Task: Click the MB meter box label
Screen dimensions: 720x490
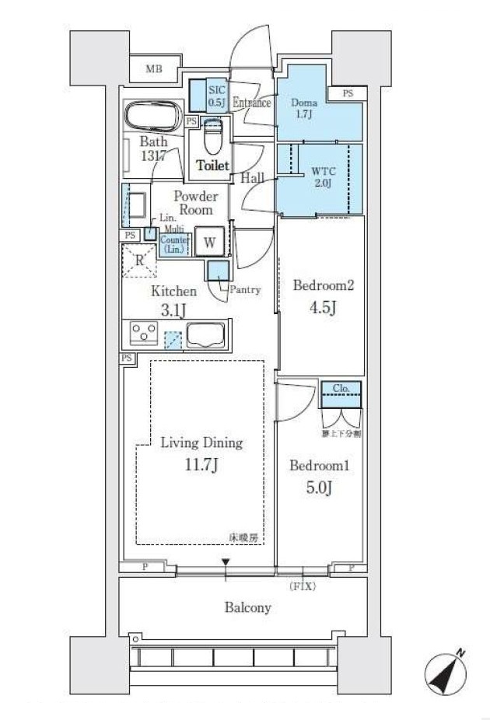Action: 154,69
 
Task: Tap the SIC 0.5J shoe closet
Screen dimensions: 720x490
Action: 215,96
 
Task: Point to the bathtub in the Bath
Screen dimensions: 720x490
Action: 152,117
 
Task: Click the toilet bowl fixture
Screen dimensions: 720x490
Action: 212,138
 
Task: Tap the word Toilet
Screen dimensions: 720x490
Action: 212,166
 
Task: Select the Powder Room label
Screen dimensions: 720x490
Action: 195,203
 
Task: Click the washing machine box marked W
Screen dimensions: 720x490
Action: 209,242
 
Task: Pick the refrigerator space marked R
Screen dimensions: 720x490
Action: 139,260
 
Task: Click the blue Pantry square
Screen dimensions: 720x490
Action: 218,271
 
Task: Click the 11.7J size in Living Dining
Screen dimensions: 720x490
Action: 201,466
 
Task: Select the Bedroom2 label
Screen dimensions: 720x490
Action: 323,285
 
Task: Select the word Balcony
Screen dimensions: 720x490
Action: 247,607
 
